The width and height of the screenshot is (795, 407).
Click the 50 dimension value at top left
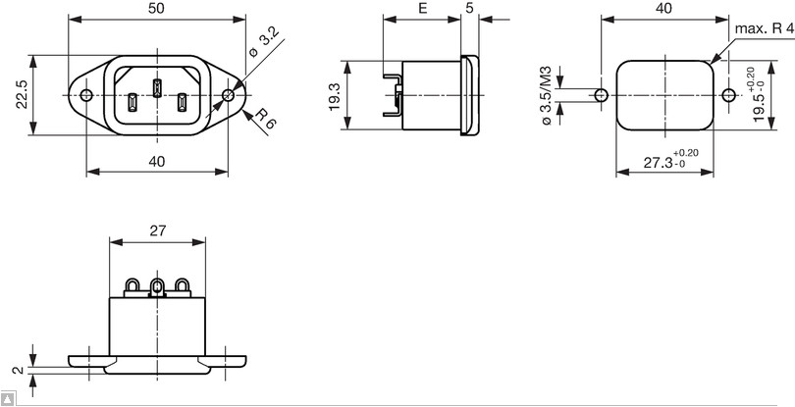(157, 8)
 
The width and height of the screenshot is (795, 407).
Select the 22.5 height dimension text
(21, 95)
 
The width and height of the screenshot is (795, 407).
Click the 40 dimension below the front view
(157, 162)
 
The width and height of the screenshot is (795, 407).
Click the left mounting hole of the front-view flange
(87, 95)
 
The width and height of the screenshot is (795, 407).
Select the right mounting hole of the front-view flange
(229, 95)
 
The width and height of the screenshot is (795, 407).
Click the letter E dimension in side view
(422, 8)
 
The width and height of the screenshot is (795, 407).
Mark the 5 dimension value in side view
(470, 8)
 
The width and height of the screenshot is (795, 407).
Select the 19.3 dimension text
(334, 94)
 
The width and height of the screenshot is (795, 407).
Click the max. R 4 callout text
(764, 29)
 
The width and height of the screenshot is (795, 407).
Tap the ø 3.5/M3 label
(548, 95)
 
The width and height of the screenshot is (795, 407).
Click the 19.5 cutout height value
(760, 101)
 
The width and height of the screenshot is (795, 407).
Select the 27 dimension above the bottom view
(157, 231)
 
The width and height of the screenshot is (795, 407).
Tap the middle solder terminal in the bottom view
(156, 287)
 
